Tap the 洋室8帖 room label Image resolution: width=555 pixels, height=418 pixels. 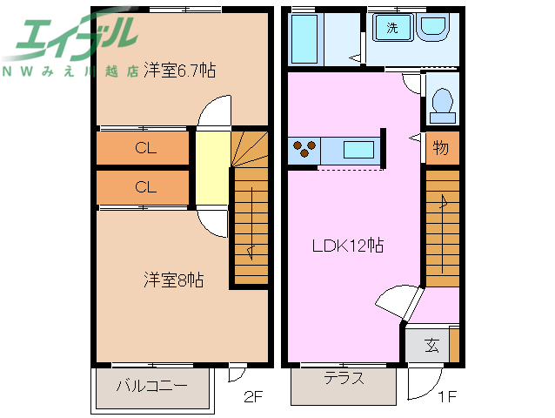[x=174, y=280]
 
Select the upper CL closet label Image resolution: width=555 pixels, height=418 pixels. [x=145, y=148]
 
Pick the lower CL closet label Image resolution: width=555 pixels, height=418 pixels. [x=145, y=186]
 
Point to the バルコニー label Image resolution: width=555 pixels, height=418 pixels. [x=152, y=384]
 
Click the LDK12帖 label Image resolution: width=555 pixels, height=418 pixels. [x=348, y=246]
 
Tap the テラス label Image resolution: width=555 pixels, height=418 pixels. [x=344, y=379]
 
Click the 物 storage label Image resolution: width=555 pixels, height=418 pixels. [x=441, y=148]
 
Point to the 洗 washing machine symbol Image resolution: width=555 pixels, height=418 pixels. [x=392, y=28]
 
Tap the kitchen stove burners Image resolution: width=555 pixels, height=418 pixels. [x=305, y=149]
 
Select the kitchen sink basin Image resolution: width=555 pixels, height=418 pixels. [x=358, y=149]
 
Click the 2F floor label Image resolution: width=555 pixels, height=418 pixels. [x=253, y=398]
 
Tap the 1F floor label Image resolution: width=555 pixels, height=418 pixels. [x=446, y=398]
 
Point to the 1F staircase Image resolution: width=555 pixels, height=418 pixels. [x=442, y=226]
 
